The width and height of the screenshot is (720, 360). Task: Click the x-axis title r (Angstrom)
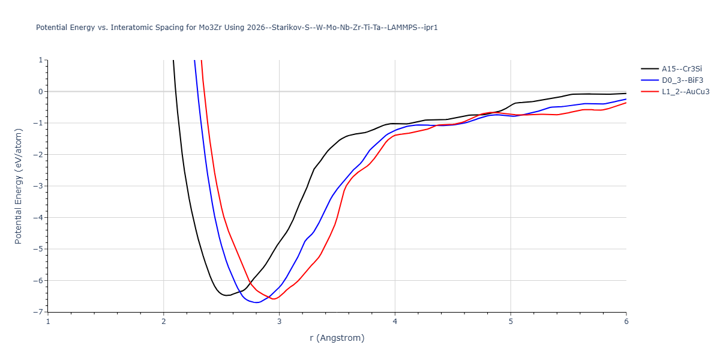pyautogui.click(x=337, y=338)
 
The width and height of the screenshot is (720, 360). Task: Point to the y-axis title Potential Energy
pyautogui.click(x=19, y=186)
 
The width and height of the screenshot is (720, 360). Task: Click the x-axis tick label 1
pyautogui.click(x=48, y=322)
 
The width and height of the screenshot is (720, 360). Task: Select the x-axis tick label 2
pyautogui.click(x=164, y=322)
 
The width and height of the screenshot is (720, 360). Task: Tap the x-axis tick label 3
pyautogui.click(x=280, y=322)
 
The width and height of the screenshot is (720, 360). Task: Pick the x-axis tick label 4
pyautogui.click(x=395, y=322)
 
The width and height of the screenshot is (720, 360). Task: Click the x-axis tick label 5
pyautogui.click(x=511, y=322)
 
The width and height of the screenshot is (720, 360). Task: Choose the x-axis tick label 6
pyautogui.click(x=626, y=322)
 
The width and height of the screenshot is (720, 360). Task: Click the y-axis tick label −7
pyautogui.click(x=37, y=312)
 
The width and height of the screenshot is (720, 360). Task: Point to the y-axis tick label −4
pyautogui.click(x=37, y=218)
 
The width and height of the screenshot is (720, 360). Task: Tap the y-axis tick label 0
pyautogui.click(x=40, y=92)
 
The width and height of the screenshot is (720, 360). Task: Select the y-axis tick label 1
pyautogui.click(x=40, y=60)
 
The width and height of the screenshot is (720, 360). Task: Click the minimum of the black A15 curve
pyautogui.click(x=226, y=295)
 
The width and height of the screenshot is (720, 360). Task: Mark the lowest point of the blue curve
pyautogui.click(x=257, y=302)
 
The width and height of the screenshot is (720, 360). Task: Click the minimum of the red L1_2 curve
pyautogui.click(x=274, y=299)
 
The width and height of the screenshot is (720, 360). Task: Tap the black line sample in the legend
pyautogui.click(x=650, y=69)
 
